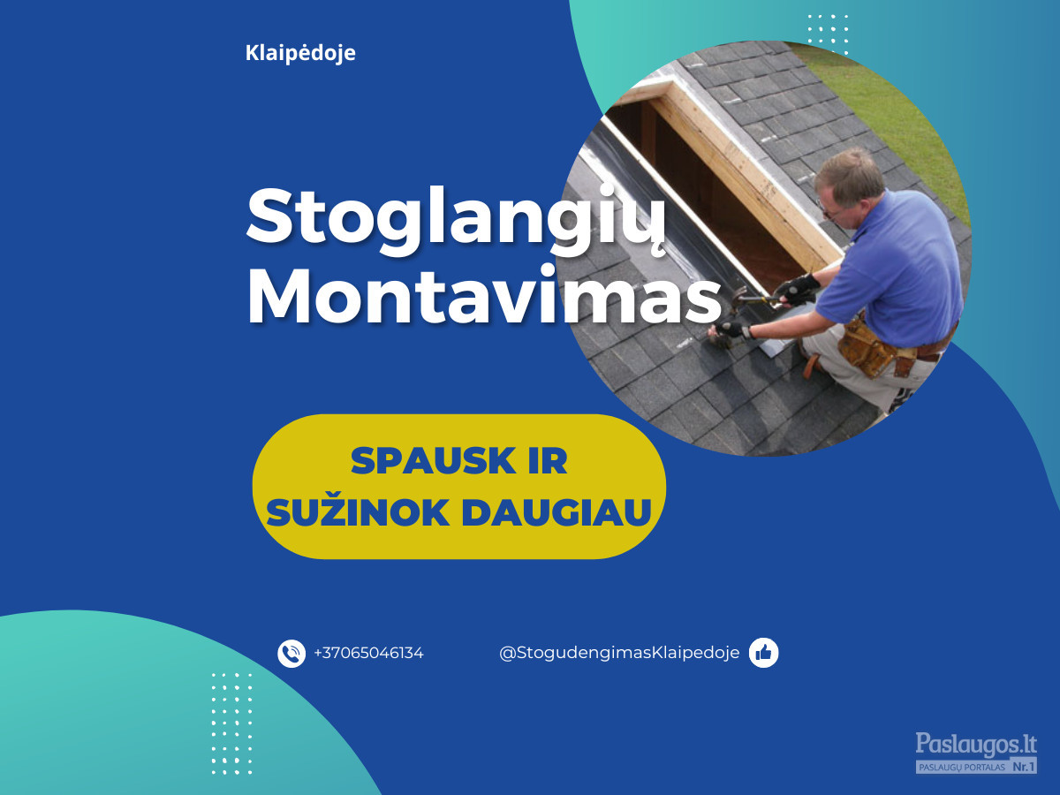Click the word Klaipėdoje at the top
[300, 53]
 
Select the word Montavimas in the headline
[484, 294]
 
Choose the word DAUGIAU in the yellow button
[556, 512]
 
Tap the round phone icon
[291, 654]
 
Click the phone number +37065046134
[368, 654]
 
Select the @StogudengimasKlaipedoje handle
[619, 653]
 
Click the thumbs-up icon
[763, 653]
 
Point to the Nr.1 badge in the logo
[1025, 767]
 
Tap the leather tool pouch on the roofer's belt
[867, 347]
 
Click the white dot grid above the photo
[828, 34]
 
